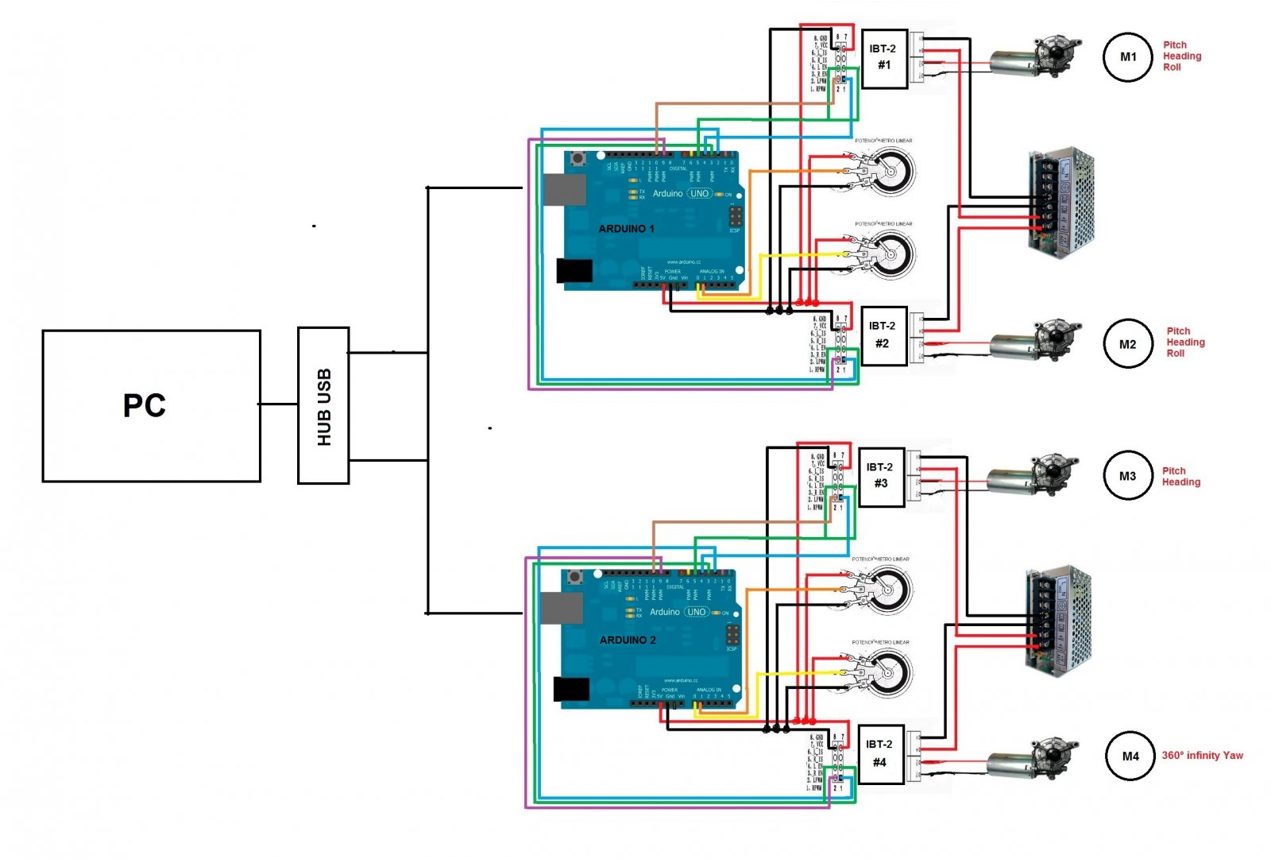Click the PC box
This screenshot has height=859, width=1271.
click(151, 405)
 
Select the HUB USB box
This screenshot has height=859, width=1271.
click(323, 405)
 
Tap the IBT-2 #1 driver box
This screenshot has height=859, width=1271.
click(883, 57)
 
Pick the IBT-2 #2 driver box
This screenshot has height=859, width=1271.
click(883, 335)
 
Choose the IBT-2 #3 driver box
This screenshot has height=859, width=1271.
click(880, 475)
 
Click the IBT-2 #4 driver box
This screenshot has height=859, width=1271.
click(879, 753)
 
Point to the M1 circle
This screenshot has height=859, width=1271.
click(1128, 57)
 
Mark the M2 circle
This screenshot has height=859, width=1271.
click(1128, 344)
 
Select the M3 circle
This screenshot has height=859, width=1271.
click(1128, 476)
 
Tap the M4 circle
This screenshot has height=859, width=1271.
click(1130, 756)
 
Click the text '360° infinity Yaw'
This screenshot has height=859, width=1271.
click(1202, 756)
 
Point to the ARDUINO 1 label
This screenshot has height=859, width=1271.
click(626, 229)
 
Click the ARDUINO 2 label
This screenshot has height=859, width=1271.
click(628, 640)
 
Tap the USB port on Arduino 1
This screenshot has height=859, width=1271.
click(565, 190)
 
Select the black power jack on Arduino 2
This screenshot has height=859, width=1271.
click(571, 689)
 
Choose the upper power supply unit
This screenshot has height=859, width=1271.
click(1061, 203)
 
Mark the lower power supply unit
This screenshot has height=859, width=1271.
click(1058, 621)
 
